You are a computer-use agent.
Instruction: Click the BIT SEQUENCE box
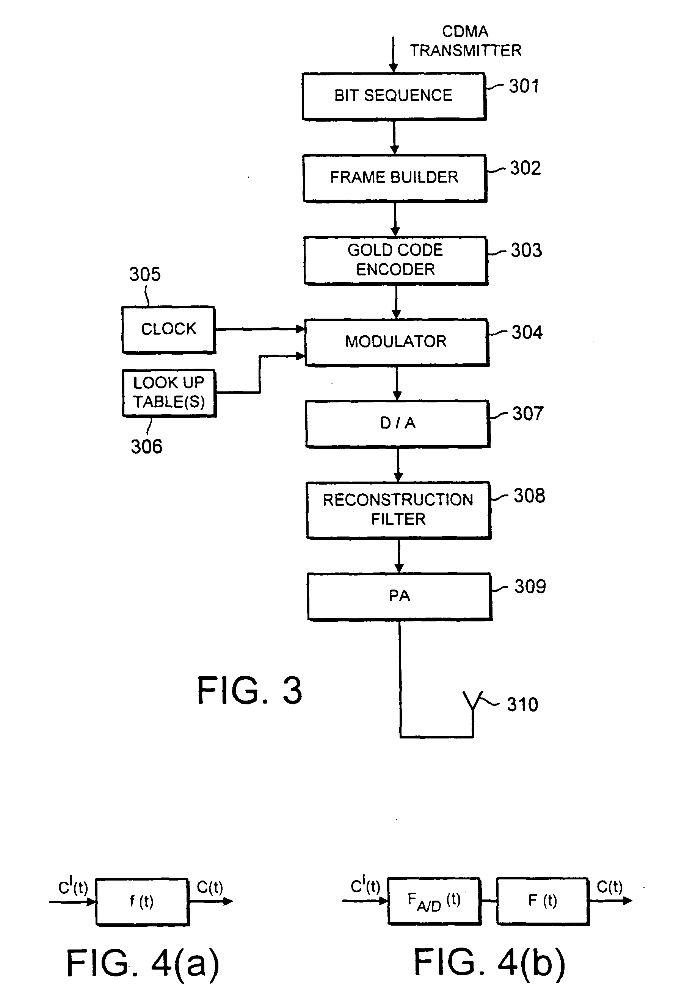394,96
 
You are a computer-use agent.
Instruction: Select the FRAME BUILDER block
395,177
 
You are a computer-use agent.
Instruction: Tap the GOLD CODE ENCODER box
395,260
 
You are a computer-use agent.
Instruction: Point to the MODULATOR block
396,342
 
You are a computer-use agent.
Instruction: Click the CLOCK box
168,329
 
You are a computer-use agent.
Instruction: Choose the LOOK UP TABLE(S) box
169,393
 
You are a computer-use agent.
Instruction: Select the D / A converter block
397,424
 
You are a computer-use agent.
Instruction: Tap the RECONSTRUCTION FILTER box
398,510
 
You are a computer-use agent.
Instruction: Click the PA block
399,596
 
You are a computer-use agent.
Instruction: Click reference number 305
145,274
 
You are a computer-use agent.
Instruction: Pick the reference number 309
530,587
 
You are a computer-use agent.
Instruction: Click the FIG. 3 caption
249,690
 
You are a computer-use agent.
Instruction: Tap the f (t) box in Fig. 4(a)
142,901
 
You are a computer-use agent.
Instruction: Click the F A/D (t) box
434,901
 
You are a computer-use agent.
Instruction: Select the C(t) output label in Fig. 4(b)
609,886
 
